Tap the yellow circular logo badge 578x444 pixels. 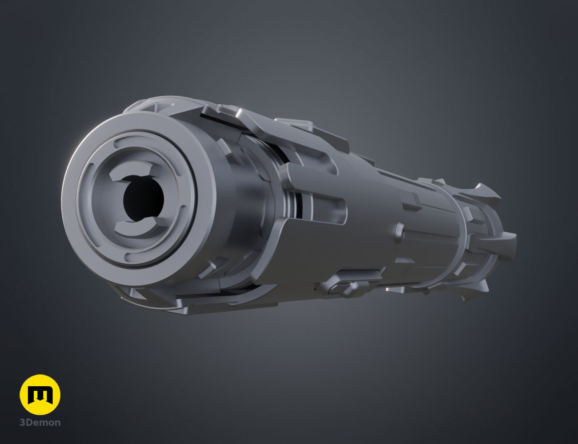pyautogui.click(x=40, y=395)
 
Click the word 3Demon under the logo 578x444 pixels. pyautogui.click(x=40, y=422)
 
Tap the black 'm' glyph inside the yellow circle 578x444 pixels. pyautogui.click(x=40, y=395)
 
